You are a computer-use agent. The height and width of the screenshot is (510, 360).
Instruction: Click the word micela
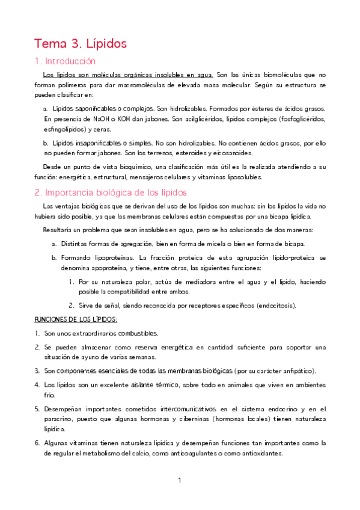[x=228, y=243]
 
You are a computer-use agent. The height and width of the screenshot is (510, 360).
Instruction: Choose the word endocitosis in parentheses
[x=276, y=305]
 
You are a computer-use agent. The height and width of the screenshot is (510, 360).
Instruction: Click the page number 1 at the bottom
[x=180, y=481]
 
